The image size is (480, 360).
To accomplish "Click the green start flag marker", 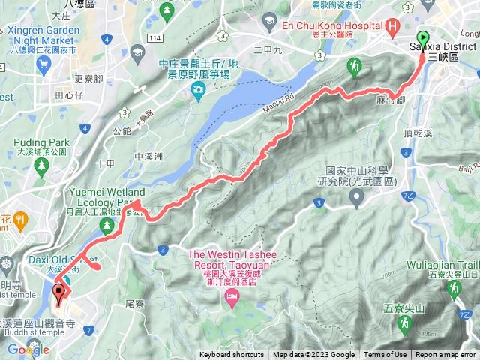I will pyautogui.click(x=423, y=37).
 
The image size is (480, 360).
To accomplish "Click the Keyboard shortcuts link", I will pyautogui.click(x=232, y=355).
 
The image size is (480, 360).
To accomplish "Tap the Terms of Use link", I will pyautogui.click(x=385, y=355).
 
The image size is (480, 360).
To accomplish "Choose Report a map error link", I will pyautogui.click(x=445, y=355).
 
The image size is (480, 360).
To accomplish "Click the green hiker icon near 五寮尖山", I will pyautogui.click(x=405, y=324).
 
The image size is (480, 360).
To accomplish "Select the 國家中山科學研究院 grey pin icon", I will pyautogui.click(x=357, y=198).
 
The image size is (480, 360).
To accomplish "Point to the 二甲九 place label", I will pyautogui.click(x=266, y=51).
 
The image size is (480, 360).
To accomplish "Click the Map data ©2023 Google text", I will pyautogui.click(x=313, y=355).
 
